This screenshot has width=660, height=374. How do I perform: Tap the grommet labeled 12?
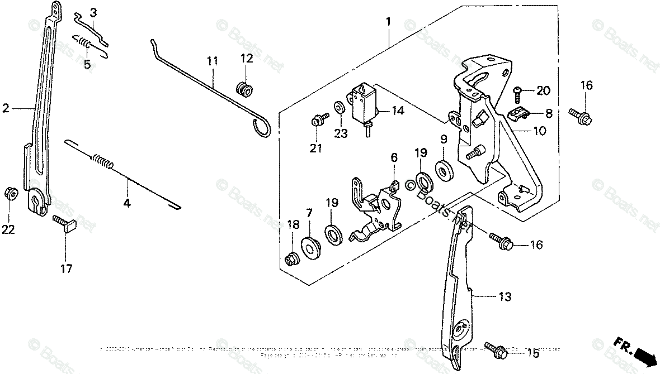click(244, 88)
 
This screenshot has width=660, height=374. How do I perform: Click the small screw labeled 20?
click(518, 92)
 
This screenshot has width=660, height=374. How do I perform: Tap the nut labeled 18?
click(291, 259)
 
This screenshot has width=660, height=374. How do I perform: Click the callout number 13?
click(505, 297)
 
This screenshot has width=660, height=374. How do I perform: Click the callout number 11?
click(211, 60)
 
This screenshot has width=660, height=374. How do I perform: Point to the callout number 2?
click(6, 109)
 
